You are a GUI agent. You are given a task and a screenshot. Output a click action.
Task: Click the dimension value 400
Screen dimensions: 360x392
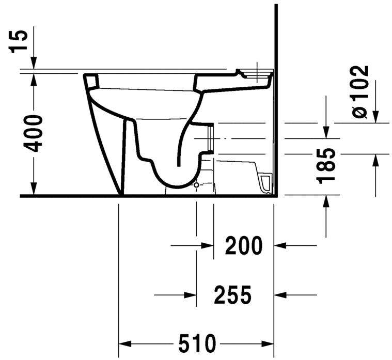click(x=34, y=133)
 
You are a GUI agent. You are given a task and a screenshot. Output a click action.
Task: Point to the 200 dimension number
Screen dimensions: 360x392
click(x=244, y=246)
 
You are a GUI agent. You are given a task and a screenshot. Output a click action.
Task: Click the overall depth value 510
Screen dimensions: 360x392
click(x=196, y=343)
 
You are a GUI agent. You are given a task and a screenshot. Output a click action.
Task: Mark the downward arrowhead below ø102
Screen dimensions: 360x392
click(x=375, y=116)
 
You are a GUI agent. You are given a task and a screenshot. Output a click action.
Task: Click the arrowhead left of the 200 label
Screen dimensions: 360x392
click(x=208, y=246)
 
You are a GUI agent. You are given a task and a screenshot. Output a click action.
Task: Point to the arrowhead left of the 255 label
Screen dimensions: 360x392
click(x=190, y=295)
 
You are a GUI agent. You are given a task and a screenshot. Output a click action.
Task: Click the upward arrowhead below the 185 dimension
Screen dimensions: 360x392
click(x=326, y=202)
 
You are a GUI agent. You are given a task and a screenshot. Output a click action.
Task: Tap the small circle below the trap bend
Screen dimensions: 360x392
click(x=196, y=184)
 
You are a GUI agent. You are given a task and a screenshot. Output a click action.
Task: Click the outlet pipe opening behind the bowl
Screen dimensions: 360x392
click(x=210, y=139)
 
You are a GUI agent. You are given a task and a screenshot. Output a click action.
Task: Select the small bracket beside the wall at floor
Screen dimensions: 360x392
click(x=266, y=182)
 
